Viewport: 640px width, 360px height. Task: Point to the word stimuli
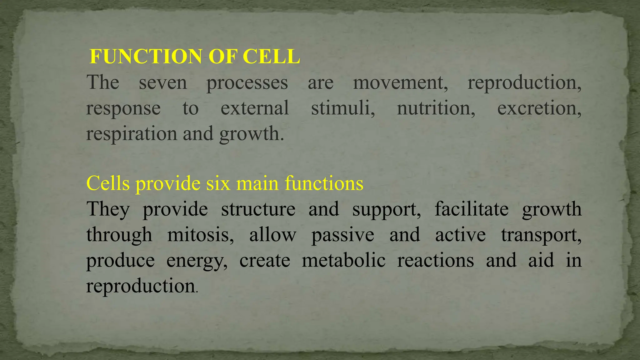(x=343, y=108)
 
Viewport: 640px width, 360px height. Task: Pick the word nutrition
(x=436, y=108)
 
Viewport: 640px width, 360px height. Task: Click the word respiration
(x=132, y=134)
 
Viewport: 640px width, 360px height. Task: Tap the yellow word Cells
(x=108, y=183)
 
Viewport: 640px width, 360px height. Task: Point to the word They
(x=108, y=209)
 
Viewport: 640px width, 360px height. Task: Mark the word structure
(x=258, y=209)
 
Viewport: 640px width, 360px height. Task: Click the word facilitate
(x=472, y=209)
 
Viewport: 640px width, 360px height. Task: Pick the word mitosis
(x=200, y=235)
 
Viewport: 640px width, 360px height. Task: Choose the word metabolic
(x=343, y=261)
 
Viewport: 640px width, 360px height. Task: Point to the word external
(x=255, y=108)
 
